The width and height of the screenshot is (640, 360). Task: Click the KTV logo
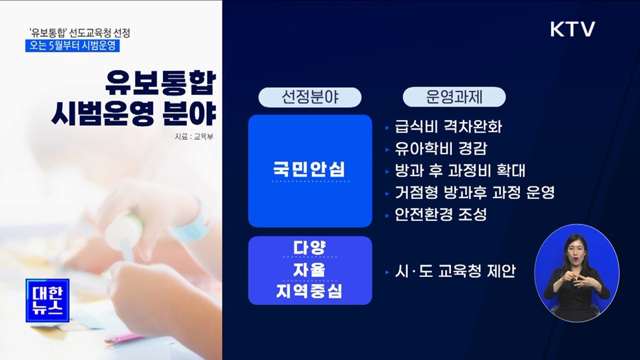[x=572, y=29]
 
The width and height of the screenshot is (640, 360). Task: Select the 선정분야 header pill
[x=310, y=97]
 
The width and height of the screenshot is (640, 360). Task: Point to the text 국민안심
[x=310, y=170]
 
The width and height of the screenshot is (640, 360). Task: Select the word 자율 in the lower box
[x=310, y=270]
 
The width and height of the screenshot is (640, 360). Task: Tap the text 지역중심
[x=310, y=292]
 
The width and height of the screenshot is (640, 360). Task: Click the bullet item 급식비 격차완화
[x=448, y=126]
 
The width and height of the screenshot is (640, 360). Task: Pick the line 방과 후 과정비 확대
[x=459, y=170]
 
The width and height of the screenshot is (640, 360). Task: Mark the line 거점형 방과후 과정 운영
[x=474, y=192]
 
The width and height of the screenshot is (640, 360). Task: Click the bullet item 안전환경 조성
[x=440, y=214]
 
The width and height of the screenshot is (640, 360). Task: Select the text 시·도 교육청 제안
[x=454, y=271]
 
